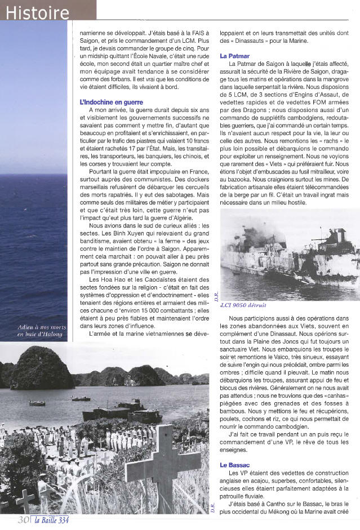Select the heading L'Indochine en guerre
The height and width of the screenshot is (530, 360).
click(112, 103)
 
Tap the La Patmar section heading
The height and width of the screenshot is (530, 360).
click(235, 56)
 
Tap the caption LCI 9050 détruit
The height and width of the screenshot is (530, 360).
click(244, 305)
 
